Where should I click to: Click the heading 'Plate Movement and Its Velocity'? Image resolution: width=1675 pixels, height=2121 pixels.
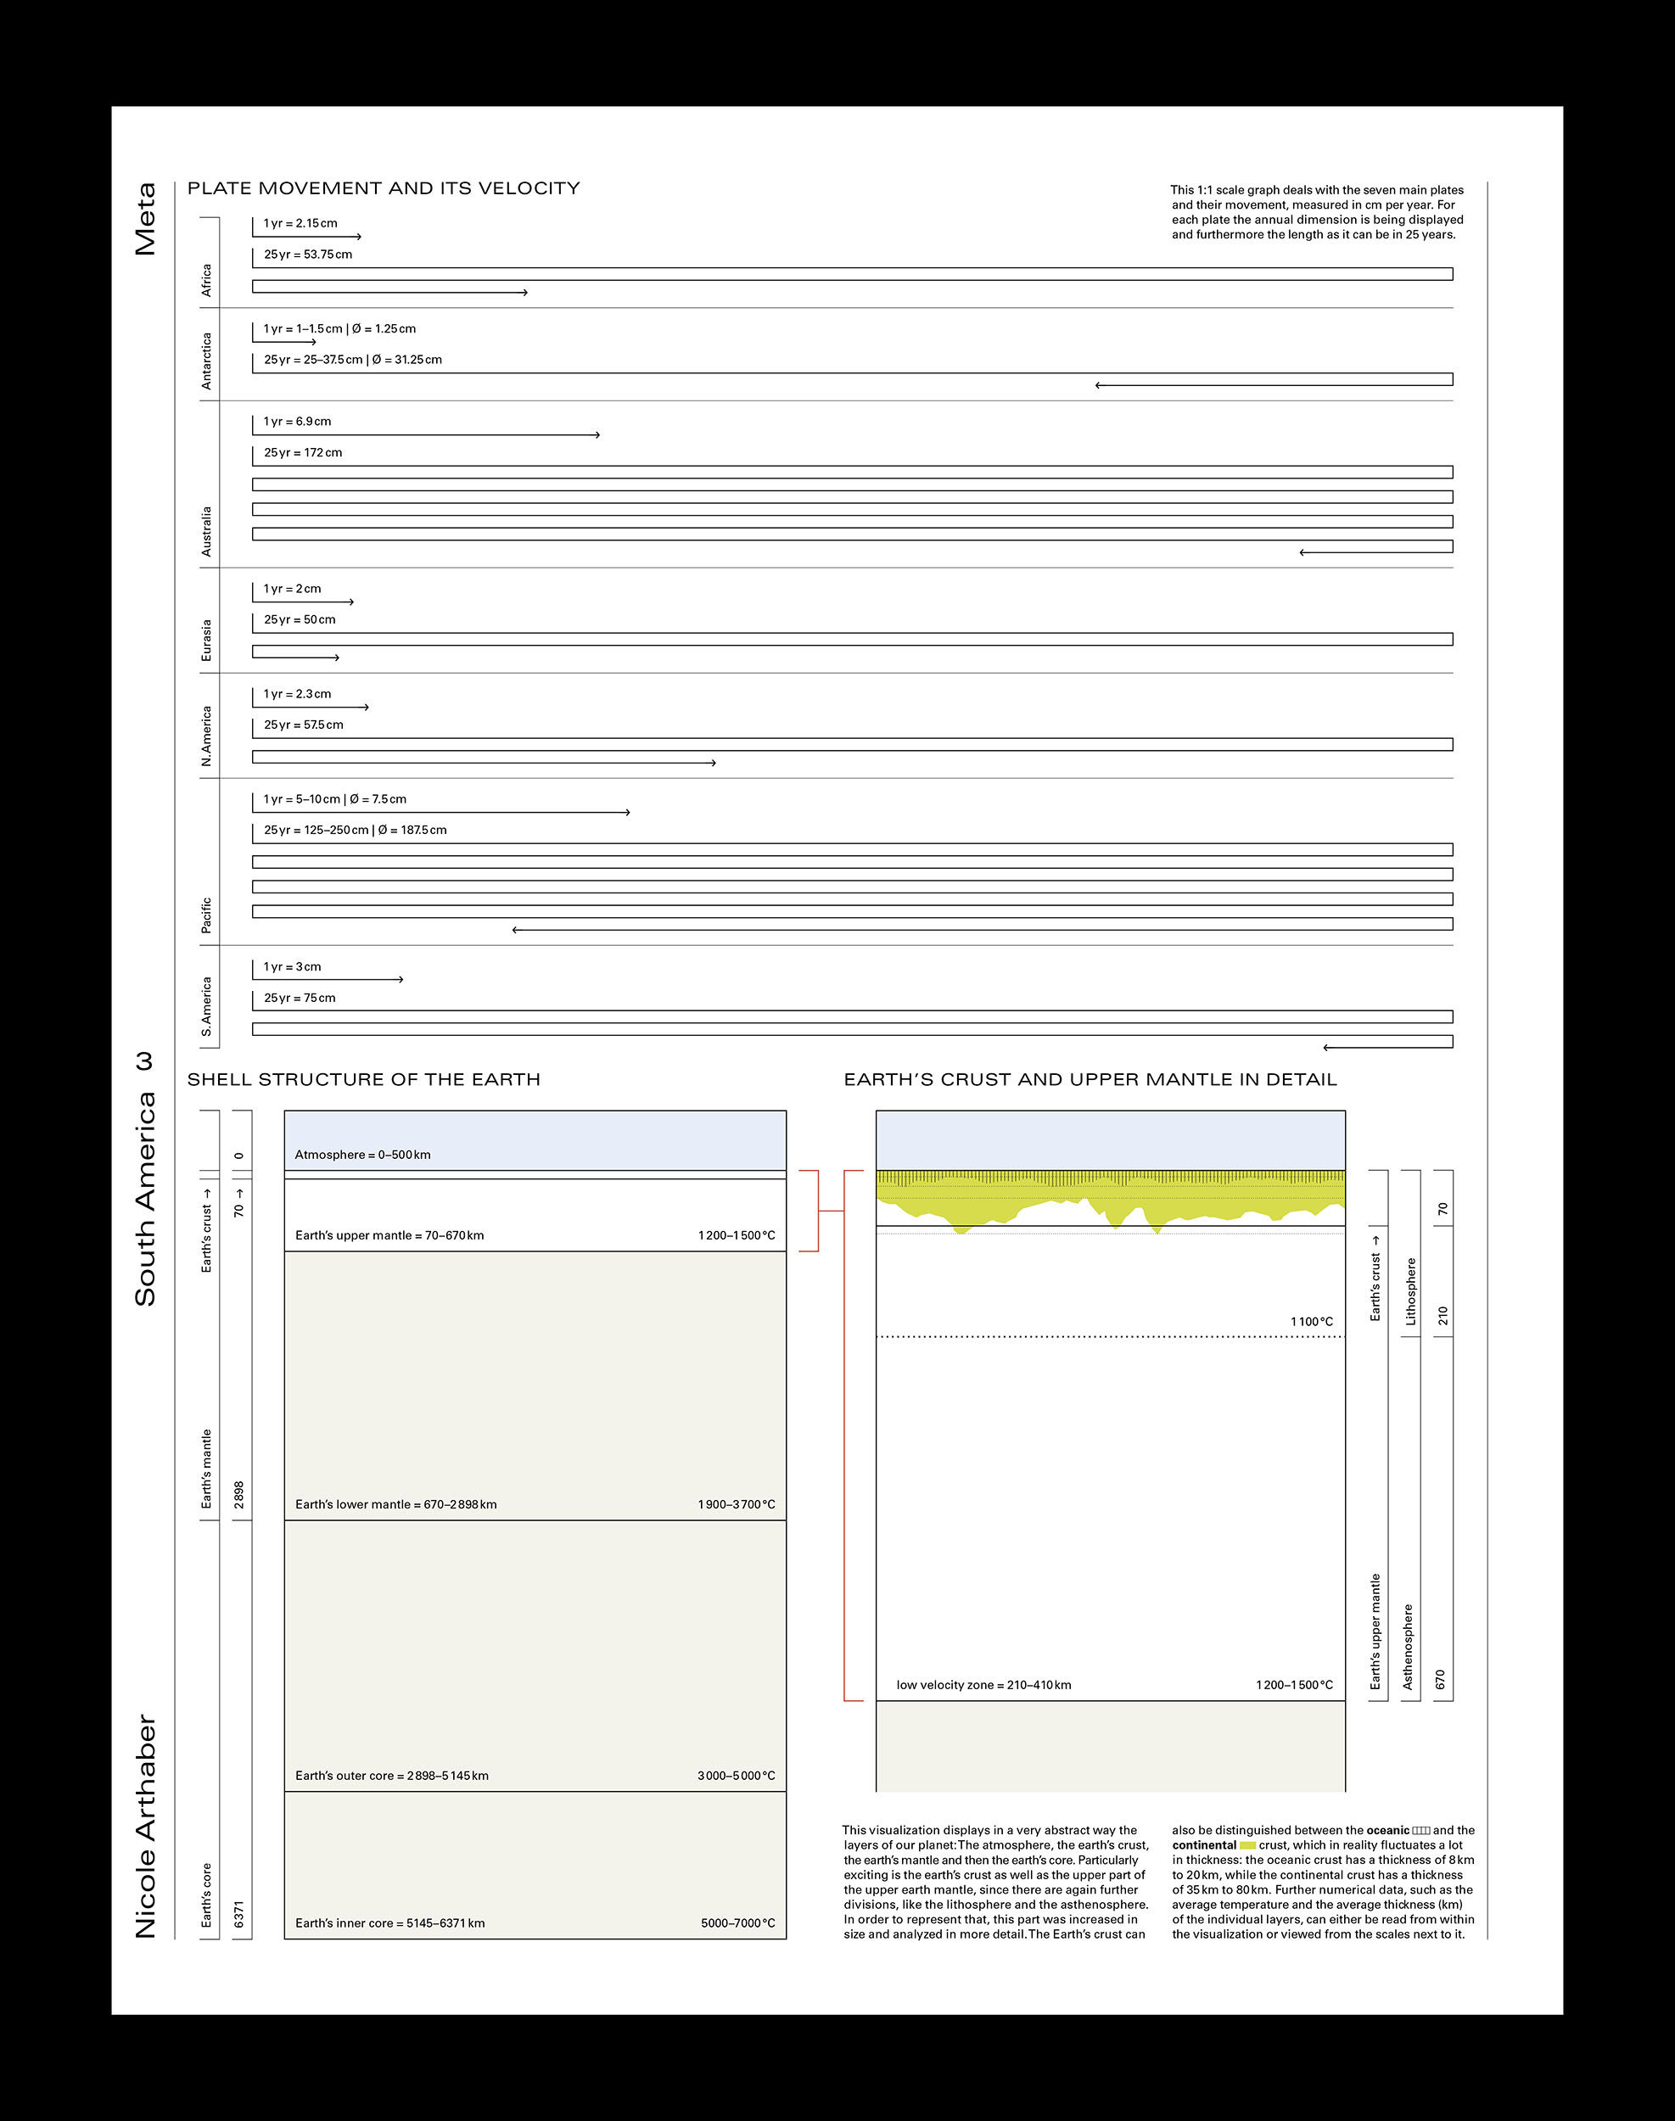[x=384, y=188]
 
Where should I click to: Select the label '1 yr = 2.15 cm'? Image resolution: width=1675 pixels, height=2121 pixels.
[x=300, y=224]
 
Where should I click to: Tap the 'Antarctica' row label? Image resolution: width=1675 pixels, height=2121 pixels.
[x=206, y=361]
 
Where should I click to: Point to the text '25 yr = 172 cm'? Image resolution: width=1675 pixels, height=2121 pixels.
[x=303, y=453]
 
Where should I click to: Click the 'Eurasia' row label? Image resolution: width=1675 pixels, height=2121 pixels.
[x=206, y=640]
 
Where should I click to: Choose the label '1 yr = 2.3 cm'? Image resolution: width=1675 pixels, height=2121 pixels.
[x=297, y=694]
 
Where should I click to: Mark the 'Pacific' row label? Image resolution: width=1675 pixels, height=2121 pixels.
[x=206, y=915]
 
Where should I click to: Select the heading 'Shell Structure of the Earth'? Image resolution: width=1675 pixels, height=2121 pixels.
[x=364, y=1080]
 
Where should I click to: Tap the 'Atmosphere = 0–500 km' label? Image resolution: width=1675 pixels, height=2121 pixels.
[x=363, y=1156]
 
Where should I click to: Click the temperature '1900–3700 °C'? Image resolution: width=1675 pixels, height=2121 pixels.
[x=737, y=1504]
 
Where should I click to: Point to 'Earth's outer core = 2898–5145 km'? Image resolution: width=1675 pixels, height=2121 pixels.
[x=391, y=1776]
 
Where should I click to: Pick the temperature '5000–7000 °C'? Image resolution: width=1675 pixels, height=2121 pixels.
[x=737, y=1923]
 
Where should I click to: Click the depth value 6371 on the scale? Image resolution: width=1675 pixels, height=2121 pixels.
[x=238, y=1914]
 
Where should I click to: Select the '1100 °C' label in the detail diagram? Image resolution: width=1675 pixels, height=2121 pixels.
[x=1311, y=1322]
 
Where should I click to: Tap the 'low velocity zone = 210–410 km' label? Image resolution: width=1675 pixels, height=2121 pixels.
[x=983, y=1685]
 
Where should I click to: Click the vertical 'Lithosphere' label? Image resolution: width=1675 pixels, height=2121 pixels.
[x=1411, y=1291]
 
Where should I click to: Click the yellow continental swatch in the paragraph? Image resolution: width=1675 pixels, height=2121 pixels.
[x=1247, y=1845]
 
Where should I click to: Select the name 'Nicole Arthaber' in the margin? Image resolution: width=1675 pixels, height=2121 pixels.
[x=145, y=1826]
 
